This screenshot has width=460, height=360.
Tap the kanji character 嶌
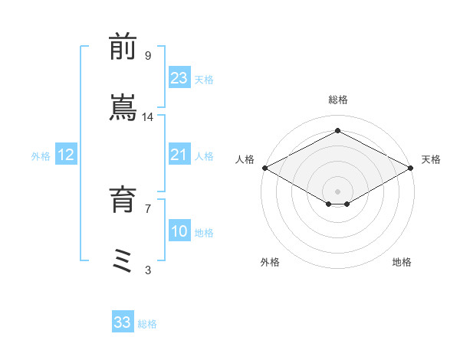click(123, 108)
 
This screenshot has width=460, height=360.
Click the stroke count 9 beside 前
click(147, 56)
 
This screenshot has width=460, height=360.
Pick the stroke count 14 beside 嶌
click(148, 116)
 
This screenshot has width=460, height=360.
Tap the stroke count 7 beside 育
click(147, 208)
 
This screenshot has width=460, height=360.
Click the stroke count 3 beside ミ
click(147, 270)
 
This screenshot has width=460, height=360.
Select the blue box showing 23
click(179, 79)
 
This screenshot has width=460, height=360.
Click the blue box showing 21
click(179, 155)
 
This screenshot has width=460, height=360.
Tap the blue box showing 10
click(179, 232)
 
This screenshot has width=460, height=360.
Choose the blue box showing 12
click(65, 155)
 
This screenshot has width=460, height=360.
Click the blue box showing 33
click(123, 322)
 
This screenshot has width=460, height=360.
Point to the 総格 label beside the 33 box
click(147, 324)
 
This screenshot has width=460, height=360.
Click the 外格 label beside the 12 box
click(41, 156)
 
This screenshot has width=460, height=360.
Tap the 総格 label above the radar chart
click(338, 100)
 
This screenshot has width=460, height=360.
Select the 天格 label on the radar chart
click(431, 159)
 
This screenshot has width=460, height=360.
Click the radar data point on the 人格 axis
click(264, 168)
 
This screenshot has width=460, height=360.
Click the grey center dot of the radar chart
click(338, 191)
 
